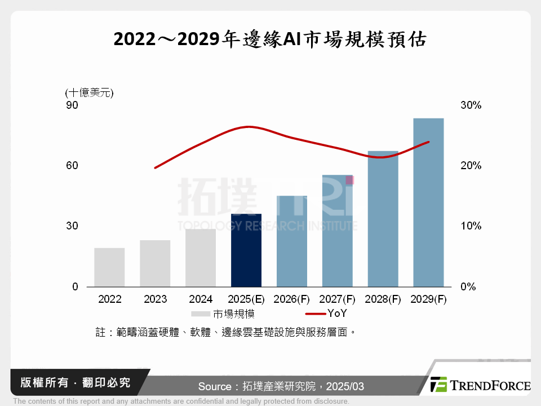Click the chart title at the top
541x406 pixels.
pos(270,40)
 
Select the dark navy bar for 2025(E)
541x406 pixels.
pos(246,250)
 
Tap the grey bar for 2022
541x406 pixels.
pos(109,267)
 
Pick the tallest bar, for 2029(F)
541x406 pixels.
pos(428,202)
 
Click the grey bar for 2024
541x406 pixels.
pos(201,258)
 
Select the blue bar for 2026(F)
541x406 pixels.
pos(292,241)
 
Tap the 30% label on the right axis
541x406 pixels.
pos(470,105)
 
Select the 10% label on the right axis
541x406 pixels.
pos(470,226)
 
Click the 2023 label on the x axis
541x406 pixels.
pos(155,299)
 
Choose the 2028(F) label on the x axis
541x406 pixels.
pos(383,299)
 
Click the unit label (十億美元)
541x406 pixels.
pos(89,93)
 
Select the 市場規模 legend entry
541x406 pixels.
pos(223,314)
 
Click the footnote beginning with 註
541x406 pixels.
pos(226,332)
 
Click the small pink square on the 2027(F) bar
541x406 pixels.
pos(349,180)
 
